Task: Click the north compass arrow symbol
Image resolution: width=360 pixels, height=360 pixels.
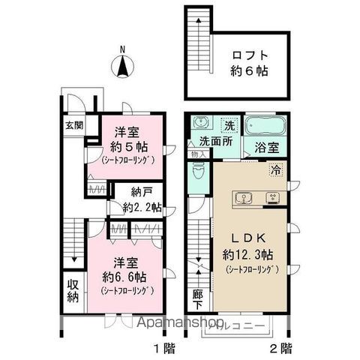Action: [x=121, y=67]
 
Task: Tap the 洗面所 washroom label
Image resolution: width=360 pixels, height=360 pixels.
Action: [x=213, y=141]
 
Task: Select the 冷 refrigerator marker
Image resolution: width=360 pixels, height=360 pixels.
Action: [x=276, y=170]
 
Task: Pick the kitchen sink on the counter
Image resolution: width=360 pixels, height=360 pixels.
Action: [x=244, y=199]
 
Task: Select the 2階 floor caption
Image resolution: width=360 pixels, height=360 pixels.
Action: [x=282, y=348]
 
